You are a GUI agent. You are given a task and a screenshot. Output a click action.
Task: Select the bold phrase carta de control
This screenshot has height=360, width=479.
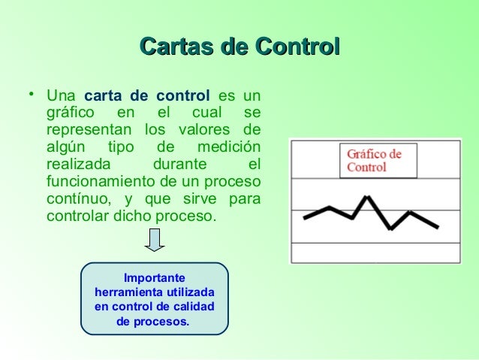click(x=147, y=96)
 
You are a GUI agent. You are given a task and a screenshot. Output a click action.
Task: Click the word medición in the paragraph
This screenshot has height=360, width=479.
click(x=228, y=147)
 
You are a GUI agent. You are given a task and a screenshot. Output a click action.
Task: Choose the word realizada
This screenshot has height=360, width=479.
click(x=78, y=164)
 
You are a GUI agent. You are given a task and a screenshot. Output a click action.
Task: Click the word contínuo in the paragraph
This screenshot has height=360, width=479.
click(x=74, y=198)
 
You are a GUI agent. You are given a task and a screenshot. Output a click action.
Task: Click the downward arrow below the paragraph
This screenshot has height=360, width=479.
click(x=154, y=241)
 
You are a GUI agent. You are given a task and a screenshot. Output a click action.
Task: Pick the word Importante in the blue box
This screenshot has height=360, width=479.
click(x=155, y=277)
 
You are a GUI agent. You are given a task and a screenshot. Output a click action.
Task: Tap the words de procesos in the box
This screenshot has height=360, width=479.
click(x=154, y=322)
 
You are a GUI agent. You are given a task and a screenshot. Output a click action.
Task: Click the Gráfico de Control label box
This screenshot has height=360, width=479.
click(x=378, y=160)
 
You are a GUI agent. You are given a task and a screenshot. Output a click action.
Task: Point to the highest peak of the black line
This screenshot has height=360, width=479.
click(x=366, y=198)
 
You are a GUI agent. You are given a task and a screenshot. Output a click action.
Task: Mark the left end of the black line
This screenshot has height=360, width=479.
click(x=305, y=218)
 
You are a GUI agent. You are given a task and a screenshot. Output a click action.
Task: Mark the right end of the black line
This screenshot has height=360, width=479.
click(x=438, y=226)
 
